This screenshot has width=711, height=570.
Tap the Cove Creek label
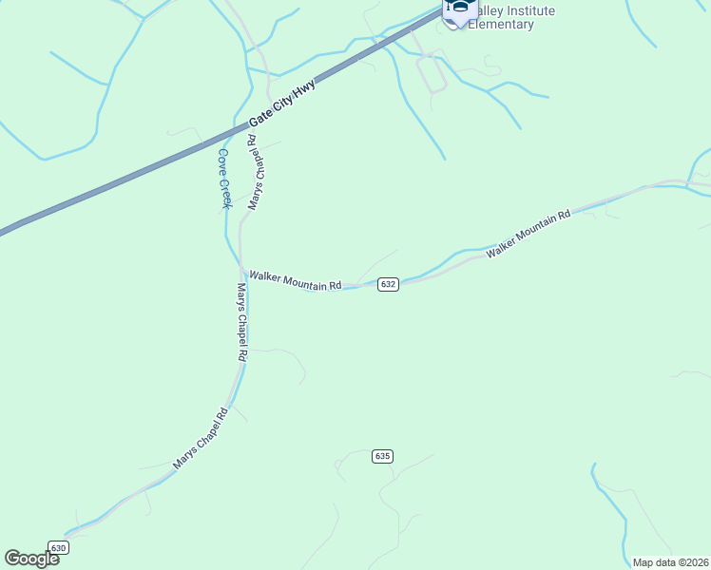pos(223,178)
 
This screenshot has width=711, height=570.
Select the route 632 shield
pos(387,285)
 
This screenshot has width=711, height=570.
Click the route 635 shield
pos(382,456)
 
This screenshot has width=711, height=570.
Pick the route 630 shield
pos(59,548)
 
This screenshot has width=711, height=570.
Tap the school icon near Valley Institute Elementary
pos(460,9)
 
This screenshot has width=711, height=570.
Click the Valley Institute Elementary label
pos(513,17)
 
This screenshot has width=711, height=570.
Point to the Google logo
pos(32,559)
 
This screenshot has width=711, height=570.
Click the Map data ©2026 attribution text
pos(669,562)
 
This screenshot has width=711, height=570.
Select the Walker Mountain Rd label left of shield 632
pos(295,280)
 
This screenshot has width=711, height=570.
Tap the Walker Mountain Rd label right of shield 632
pos(528,235)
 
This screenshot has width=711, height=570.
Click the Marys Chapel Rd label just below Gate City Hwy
pos(255,172)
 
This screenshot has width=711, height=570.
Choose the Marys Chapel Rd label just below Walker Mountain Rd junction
pos(241,321)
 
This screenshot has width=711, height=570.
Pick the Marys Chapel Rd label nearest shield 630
pos(202,438)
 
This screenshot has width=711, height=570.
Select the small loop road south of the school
pos(432,72)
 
